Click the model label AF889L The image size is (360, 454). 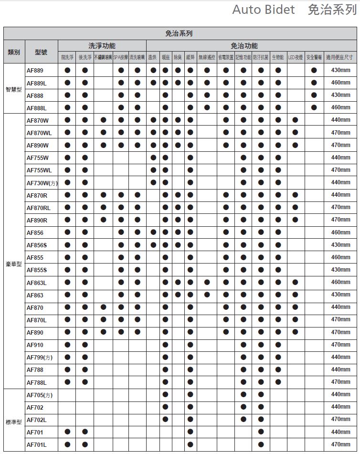(x=37, y=83)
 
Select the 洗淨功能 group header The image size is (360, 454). (x=102, y=46)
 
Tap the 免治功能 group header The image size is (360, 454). (x=244, y=46)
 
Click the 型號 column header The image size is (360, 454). (x=42, y=52)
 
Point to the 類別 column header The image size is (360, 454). (x=14, y=52)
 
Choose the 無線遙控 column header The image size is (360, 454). (x=207, y=58)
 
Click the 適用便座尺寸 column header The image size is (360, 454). (x=339, y=58)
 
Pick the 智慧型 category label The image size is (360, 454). (x=14, y=89)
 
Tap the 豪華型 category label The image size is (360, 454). (x=14, y=264)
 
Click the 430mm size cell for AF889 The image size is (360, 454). (x=340, y=70)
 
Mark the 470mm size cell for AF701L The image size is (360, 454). (x=340, y=444)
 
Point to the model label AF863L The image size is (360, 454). (x=37, y=283)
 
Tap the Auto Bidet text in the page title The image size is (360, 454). (x=263, y=10)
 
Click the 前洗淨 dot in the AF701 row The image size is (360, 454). (x=67, y=432)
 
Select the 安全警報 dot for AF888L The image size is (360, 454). (x=314, y=107)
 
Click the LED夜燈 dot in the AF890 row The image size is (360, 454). (x=296, y=332)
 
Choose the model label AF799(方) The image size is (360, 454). (x=40, y=357)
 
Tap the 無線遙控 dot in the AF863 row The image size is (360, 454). (x=207, y=295)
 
